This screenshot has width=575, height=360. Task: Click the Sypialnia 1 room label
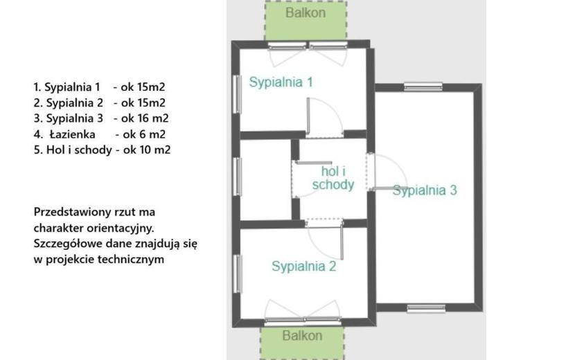pyautogui.click(x=281, y=82)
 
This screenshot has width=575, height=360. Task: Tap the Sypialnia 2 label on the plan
pyautogui.click(x=303, y=266)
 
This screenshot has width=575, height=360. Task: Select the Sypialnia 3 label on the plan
pyautogui.click(x=425, y=190)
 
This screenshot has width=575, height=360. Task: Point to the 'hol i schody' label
pyautogui.click(x=333, y=178)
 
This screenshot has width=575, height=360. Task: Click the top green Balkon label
pyautogui.click(x=306, y=13)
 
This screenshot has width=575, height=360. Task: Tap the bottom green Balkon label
pyautogui.click(x=302, y=336)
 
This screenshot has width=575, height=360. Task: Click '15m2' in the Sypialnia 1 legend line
pyautogui.click(x=152, y=87)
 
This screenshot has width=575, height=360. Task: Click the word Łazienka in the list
pyautogui.click(x=73, y=134)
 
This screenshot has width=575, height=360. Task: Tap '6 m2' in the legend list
pyautogui.click(x=152, y=134)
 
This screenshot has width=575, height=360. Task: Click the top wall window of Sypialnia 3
pyautogui.click(x=423, y=87)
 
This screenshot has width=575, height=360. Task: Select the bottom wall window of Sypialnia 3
pyautogui.click(x=426, y=308)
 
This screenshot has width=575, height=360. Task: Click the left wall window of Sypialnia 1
pyautogui.click(x=237, y=94)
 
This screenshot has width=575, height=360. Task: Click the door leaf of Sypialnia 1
pyautogui.click(x=308, y=115)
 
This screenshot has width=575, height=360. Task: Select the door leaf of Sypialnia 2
pyautogui.click(x=342, y=240)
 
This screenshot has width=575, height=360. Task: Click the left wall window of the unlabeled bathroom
pyautogui.click(x=238, y=177)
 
